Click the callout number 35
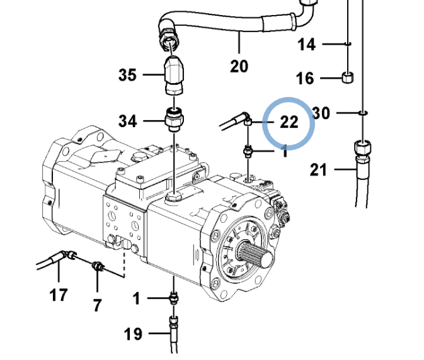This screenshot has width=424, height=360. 127,74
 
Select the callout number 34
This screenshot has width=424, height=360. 128,121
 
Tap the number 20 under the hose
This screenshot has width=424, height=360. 239,66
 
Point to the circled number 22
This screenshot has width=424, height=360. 289,122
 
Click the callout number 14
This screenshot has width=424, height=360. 307,44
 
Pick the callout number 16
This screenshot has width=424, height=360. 306,78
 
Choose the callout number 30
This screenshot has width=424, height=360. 321,113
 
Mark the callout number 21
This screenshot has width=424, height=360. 319,169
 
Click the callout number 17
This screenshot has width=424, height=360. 59,295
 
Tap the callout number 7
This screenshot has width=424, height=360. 98,305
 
